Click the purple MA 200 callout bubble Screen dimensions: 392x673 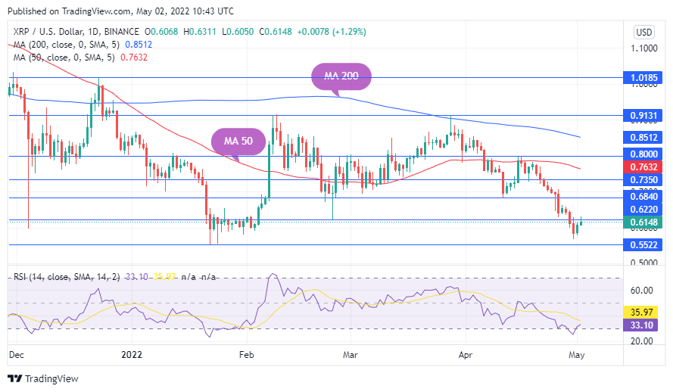pos(341,76)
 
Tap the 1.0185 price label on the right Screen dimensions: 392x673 pos(644,77)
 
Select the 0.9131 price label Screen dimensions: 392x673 pos(644,115)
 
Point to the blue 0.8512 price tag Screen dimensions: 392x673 pos(644,138)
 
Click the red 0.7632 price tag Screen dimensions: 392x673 pos(644,167)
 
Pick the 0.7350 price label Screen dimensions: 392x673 pos(644,180)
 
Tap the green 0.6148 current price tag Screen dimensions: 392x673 pos(644,222)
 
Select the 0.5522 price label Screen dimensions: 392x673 pos(644,245)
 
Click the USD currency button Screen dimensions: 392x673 pos(643,33)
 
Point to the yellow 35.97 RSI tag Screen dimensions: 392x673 pos(644,311)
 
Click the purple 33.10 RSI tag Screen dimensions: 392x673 pos(644,325)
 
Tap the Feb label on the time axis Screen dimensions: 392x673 pos(245,353)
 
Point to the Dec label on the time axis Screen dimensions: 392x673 pos(15,353)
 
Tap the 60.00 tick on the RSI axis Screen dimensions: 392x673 pos(642,291)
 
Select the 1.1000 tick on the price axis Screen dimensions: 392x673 pos(643,48)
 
